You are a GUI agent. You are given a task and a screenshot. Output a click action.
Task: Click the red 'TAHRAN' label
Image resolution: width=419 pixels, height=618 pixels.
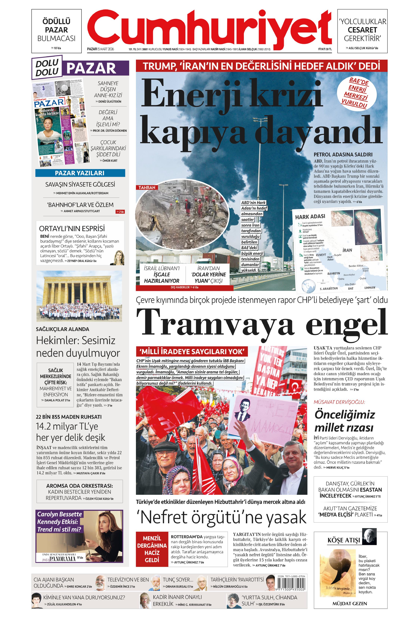(x=147, y=187)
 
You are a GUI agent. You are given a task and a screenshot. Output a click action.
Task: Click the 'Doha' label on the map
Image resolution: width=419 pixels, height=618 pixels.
(x=341, y=279)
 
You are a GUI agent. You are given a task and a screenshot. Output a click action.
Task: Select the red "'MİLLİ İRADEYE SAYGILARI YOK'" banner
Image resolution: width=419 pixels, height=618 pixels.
(x=192, y=352)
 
